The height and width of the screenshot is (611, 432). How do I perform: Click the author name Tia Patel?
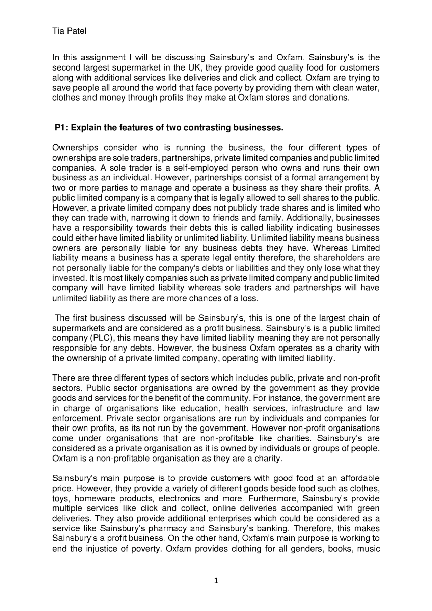coord(69,31)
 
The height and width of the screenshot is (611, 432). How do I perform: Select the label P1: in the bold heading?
coord(62,128)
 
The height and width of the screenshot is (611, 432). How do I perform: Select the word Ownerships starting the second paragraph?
coord(75,148)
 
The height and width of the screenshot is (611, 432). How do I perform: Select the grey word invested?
coord(68,278)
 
